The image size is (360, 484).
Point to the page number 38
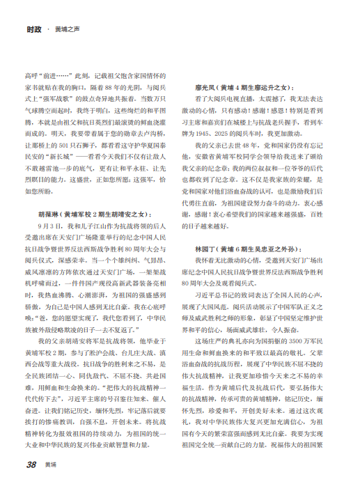(31, 465)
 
